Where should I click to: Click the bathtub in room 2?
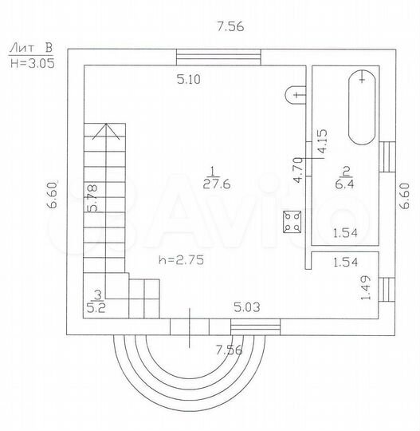coord(362,107)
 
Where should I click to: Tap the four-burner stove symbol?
coord(292,222)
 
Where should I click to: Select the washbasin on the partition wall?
coord(296,95)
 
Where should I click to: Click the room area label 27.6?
coord(217,184)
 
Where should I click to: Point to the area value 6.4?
coord(344,184)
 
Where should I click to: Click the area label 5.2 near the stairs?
coord(96,308)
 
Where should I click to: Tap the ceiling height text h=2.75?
coord(182,260)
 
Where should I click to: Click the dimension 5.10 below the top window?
coord(189,80)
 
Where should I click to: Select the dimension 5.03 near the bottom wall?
coord(247,307)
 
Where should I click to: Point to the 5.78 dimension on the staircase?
coord(92,198)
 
